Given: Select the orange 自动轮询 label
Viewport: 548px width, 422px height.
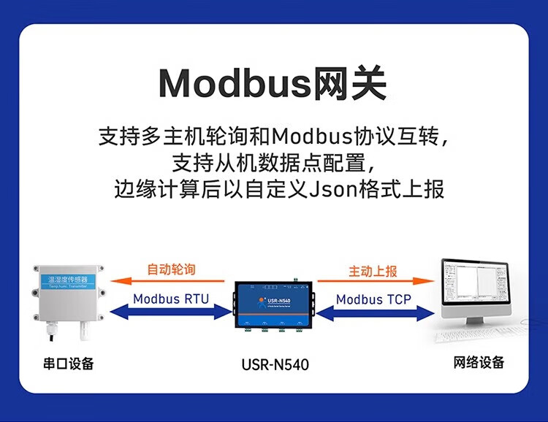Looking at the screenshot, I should pyautogui.click(x=172, y=269).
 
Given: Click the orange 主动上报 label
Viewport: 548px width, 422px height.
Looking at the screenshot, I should pyautogui.click(x=373, y=271).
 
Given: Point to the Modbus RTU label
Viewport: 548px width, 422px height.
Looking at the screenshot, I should pyautogui.click(x=170, y=299).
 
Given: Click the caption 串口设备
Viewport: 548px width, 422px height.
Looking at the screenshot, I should pyautogui.click(x=68, y=363).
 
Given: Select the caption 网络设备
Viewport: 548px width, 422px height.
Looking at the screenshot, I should pyautogui.click(x=479, y=361).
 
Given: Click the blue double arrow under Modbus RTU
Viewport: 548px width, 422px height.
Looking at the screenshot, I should pyautogui.click(x=170, y=312).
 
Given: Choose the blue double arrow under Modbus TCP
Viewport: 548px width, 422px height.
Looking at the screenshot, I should pyautogui.click(x=373, y=312).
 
